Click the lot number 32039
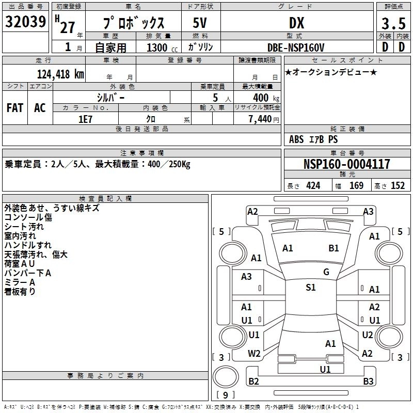pyautogui.click(x=26, y=22)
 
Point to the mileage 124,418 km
pyautogui.click(x=61, y=74)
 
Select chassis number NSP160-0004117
pyautogui.click(x=346, y=165)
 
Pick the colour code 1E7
pyautogui.click(x=86, y=119)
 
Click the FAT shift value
pyautogui.click(x=15, y=108)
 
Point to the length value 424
pyautogui.click(x=313, y=186)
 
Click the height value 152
pyautogui.click(x=398, y=186)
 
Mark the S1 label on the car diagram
pyautogui.click(x=311, y=288)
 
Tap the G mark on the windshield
pyautogui.click(x=326, y=272)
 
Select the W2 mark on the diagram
pyautogui.click(x=254, y=354)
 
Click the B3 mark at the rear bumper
pyautogui.click(x=368, y=382)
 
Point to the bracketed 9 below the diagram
pyautogui.click(x=225, y=395)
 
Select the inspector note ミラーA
pyautogui.click(x=20, y=282)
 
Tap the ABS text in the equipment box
pyautogui.click(x=296, y=139)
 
